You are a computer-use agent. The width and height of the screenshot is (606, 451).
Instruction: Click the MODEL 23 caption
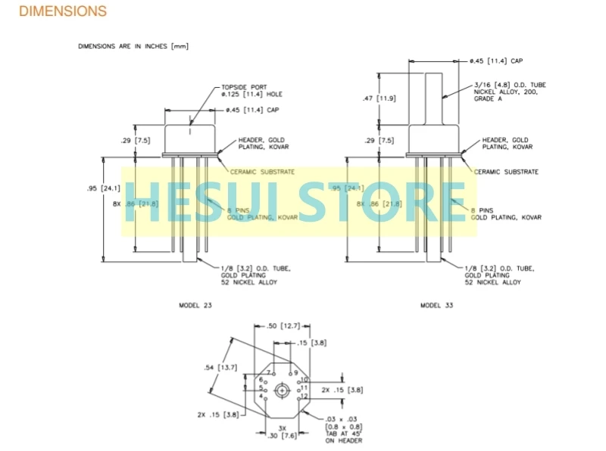[x=195, y=305]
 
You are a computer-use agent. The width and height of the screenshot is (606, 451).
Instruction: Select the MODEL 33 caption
[x=437, y=305]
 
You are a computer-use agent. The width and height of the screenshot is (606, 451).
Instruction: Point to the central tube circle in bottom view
[x=282, y=390]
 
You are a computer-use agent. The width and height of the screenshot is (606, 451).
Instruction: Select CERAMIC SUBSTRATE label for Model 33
[x=507, y=172]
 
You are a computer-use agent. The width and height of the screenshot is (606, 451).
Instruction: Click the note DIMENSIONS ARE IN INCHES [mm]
[x=133, y=46]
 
